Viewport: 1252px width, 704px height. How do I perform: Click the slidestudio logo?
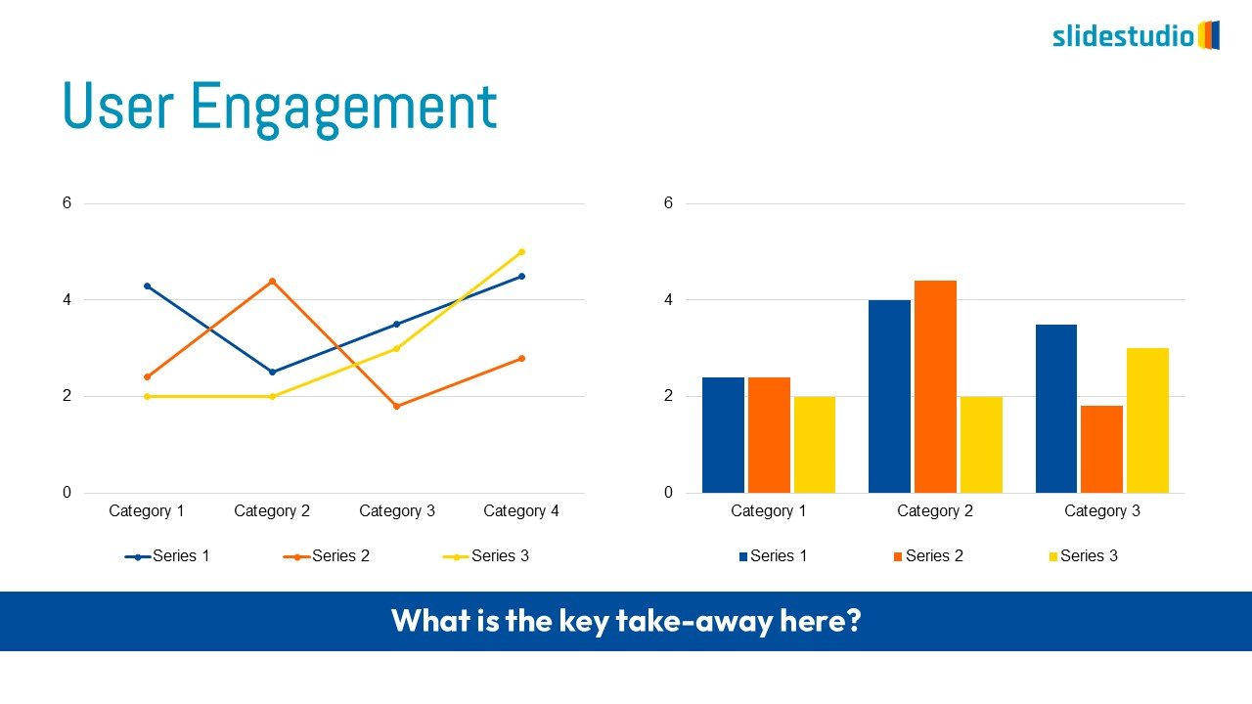coord(1136,36)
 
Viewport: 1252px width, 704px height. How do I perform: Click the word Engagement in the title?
coord(343,108)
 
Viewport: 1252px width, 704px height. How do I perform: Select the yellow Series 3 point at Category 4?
coord(522,252)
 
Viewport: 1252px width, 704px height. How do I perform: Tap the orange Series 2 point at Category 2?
coord(272,281)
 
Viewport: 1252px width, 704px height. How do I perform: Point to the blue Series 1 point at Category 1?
coord(148,286)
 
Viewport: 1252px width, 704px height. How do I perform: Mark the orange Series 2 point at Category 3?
coord(397,406)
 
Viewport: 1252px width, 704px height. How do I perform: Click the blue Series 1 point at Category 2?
coord(272,373)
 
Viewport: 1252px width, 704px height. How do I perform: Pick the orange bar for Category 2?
coord(935,386)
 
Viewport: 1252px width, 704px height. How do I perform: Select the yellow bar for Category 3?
coord(1147,420)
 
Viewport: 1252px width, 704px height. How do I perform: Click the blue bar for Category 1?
coord(723,435)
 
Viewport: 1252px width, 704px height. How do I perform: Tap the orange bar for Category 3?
coord(1101,449)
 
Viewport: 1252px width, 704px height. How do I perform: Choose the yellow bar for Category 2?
coord(981,445)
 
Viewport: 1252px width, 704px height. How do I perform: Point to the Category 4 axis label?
coord(521,510)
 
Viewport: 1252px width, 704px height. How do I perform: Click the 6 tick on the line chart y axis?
coord(67,202)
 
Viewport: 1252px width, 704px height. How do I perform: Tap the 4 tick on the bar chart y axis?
coord(668,300)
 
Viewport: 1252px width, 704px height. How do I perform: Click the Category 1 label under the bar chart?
coord(769,510)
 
